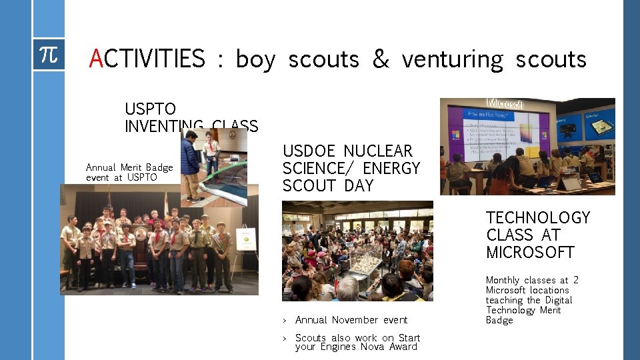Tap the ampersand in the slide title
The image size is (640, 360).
pos(380,59)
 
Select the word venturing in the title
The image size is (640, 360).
pos(453,59)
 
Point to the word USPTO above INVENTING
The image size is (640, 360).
pos(150,108)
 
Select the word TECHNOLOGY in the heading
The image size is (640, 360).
pos(538,218)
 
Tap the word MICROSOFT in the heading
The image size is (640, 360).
pos(530,253)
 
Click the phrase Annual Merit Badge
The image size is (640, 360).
pos(129,167)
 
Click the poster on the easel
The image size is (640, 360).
pos(246,239)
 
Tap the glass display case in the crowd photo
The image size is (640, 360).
pos(363,263)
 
